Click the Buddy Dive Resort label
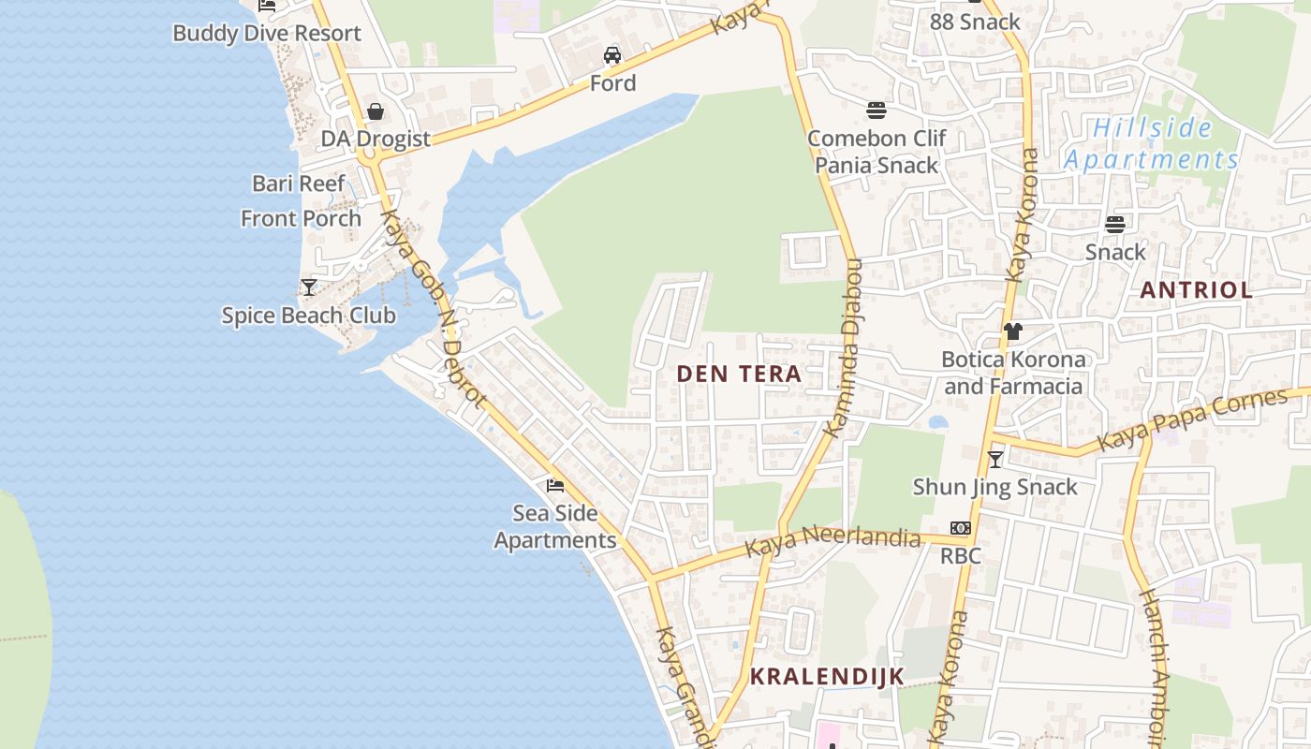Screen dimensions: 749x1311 click(x=266, y=34)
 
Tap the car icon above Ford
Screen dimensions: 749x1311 click(x=612, y=55)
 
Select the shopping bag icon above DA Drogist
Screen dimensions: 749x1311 click(x=376, y=112)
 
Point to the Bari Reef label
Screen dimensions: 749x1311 click(x=299, y=184)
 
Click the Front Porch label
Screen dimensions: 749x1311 click(x=301, y=218)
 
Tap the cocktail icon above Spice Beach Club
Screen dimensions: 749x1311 click(x=309, y=286)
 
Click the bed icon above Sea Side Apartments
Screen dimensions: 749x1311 click(x=555, y=485)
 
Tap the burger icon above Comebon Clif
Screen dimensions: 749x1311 click(x=876, y=110)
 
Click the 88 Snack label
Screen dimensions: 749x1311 click(x=975, y=22)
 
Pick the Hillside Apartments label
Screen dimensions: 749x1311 click(x=1152, y=143)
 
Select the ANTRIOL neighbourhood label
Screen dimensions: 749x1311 click(x=1196, y=290)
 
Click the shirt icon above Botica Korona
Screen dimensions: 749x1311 click(x=1012, y=330)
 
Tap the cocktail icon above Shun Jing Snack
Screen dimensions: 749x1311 click(x=995, y=459)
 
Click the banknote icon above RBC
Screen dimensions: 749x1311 click(x=960, y=528)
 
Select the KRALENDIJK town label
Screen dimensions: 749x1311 click(x=827, y=676)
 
